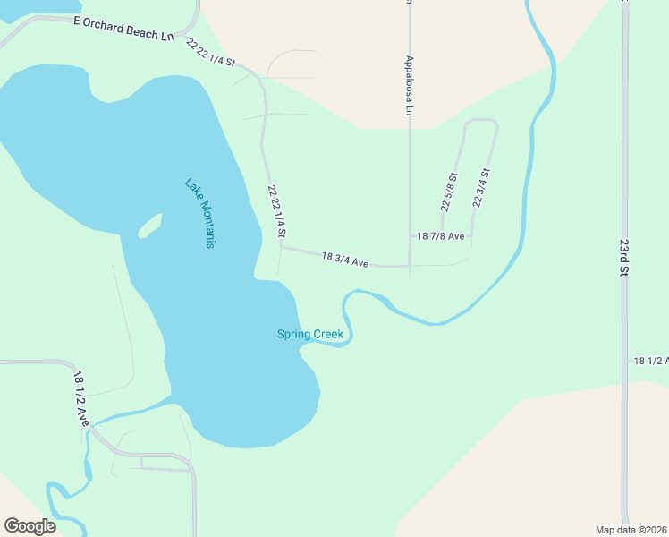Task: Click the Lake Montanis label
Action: pos(200,214)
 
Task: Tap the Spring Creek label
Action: pos(309,335)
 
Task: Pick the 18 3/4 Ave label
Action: pos(345,260)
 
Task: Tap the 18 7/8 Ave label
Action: pos(441,236)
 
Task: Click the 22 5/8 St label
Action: pos(449,192)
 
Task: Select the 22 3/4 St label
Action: pos(481,188)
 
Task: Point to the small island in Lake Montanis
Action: pos(150,226)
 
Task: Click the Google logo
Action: pos(30,526)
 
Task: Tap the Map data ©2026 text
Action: pos(631,530)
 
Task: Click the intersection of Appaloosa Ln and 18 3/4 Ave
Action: pos(410,266)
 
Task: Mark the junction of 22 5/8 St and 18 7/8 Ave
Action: pos(443,236)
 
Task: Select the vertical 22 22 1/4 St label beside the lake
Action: pos(276,211)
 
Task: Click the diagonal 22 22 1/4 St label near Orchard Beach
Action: pos(210,52)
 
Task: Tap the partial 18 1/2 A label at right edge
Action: pos(650,360)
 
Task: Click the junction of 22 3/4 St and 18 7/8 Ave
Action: pos(472,236)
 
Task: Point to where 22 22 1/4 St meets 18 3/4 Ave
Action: pos(282,248)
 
